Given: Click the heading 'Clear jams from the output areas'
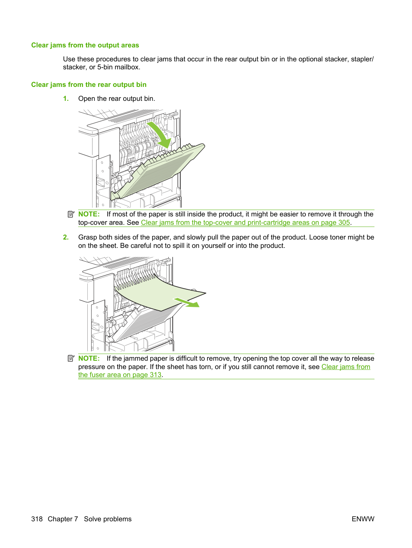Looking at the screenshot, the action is coord(85,45).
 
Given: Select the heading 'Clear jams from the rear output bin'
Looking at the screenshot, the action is coord(89,84).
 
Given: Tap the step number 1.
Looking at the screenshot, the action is coord(66,98).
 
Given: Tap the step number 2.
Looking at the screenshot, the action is coord(66,237).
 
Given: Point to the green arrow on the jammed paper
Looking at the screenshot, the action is coord(187,302).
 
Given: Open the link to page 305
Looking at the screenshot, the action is coord(245,222).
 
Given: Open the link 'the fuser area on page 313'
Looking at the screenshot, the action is coord(120,375).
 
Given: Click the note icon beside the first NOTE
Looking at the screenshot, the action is coord(71,214).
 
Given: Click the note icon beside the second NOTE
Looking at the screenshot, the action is coord(71,359).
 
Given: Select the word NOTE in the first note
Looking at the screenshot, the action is coord(89,214).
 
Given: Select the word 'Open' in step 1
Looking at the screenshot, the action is coord(87,99).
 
